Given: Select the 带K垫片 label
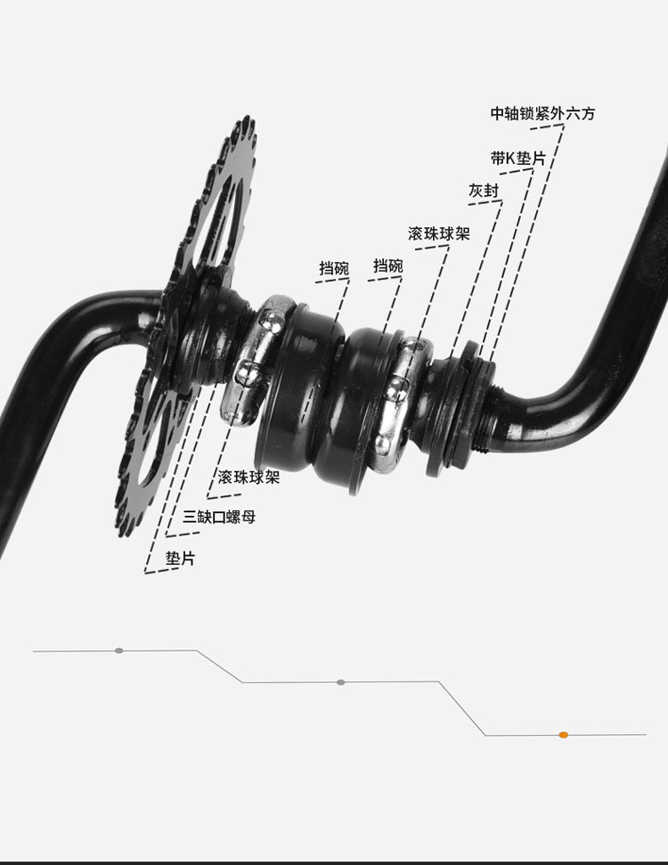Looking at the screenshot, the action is (517, 159).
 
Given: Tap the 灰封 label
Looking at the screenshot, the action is (485, 191).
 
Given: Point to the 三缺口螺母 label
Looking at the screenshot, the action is (219, 517).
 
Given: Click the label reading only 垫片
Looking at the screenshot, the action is (181, 559).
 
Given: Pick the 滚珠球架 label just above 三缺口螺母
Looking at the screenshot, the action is (248, 477).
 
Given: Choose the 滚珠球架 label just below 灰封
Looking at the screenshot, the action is (439, 233).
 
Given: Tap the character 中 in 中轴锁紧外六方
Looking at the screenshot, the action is (498, 115).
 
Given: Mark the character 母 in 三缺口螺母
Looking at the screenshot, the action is (248, 517).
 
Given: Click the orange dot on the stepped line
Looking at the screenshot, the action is (563, 735).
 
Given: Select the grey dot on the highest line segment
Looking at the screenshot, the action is (119, 650).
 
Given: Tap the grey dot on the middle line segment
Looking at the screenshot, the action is (340, 682).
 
